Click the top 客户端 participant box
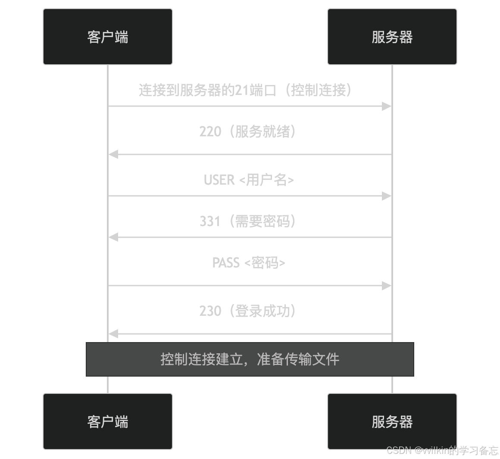pyautogui.click(x=108, y=37)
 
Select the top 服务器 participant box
pyautogui.click(x=392, y=37)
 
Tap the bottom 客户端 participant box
pyautogui.click(x=108, y=421)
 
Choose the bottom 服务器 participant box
pyautogui.click(x=392, y=421)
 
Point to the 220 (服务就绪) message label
pyautogui.click(x=248, y=132)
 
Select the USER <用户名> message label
pyautogui.click(x=249, y=180)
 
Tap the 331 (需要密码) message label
pyautogui.click(x=248, y=221)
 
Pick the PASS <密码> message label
pyautogui.click(x=249, y=263)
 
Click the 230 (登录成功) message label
pyautogui.click(x=248, y=311)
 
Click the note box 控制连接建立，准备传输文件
pyautogui.click(x=250, y=359)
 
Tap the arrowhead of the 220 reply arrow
pyautogui.click(x=113, y=154)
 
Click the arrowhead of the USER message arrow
pyautogui.click(x=386, y=196)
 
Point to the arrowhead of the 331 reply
pyautogui.click(x=113, y=237)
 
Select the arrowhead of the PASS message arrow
pyautogui.click(x=386, y=286)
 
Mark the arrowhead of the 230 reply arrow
pyautogui.click(x=113, y=334)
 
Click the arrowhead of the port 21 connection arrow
pyautogui.click(x=386, y=106)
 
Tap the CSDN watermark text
pyautogui.click(x=442, y=450)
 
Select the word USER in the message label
pyautogui.click(x=219, y=180)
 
